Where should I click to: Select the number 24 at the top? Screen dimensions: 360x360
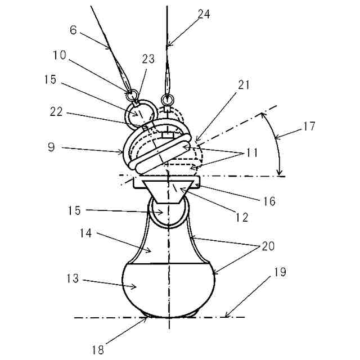click(205, 15)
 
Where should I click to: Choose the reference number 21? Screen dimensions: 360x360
click(244, 85)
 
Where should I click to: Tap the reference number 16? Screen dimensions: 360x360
click(269, 201)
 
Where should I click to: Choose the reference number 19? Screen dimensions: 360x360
click(281, 273)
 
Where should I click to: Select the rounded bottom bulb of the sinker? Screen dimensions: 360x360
click(169, 287)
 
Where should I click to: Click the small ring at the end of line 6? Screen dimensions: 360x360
click(132, 93)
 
